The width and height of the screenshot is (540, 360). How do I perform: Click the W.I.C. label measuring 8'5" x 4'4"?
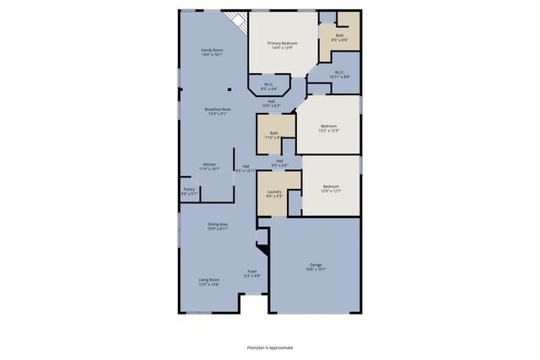tap(268, 86)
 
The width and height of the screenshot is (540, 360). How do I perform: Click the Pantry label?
tap(189, 191)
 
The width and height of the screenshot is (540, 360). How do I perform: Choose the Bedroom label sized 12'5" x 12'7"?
tap(330, 188)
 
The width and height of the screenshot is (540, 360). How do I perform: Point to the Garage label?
tap(315, 267)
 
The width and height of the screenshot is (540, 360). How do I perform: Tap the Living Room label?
tap(209, 282)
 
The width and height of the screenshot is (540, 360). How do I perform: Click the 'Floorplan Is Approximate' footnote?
tap(270, 347)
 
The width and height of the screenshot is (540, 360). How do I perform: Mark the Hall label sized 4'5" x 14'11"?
tap(246, 168)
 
